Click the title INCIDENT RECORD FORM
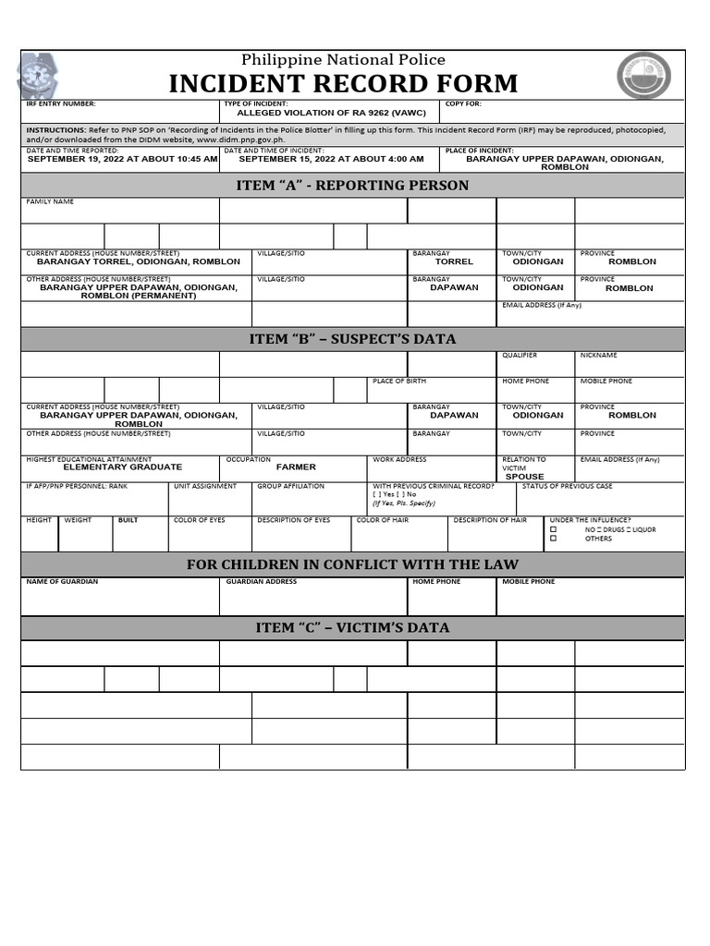(x=343, y=83)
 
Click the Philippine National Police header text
(x=343, y=59)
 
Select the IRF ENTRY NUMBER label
(x=61, y=104)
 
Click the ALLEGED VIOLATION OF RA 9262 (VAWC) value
(x=321, y=112)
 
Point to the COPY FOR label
(x=463, y=104)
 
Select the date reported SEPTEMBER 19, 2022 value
(x=122, y=159)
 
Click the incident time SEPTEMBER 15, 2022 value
(x=331, y=159)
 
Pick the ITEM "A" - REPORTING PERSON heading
(x=353, y=186)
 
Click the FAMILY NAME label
(x=50, y=201)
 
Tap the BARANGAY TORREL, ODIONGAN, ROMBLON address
(x=138, y=261)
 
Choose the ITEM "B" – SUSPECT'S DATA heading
(x=353, y=339)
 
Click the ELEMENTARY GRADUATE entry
(x=122, y=467)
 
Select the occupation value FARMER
(x=296, y=467)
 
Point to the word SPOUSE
(x=524, y=477)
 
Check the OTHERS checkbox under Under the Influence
(x=554, y=539)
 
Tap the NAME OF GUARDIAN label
(x=62, y=582)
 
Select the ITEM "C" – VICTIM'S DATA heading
(x=353, y=628)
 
